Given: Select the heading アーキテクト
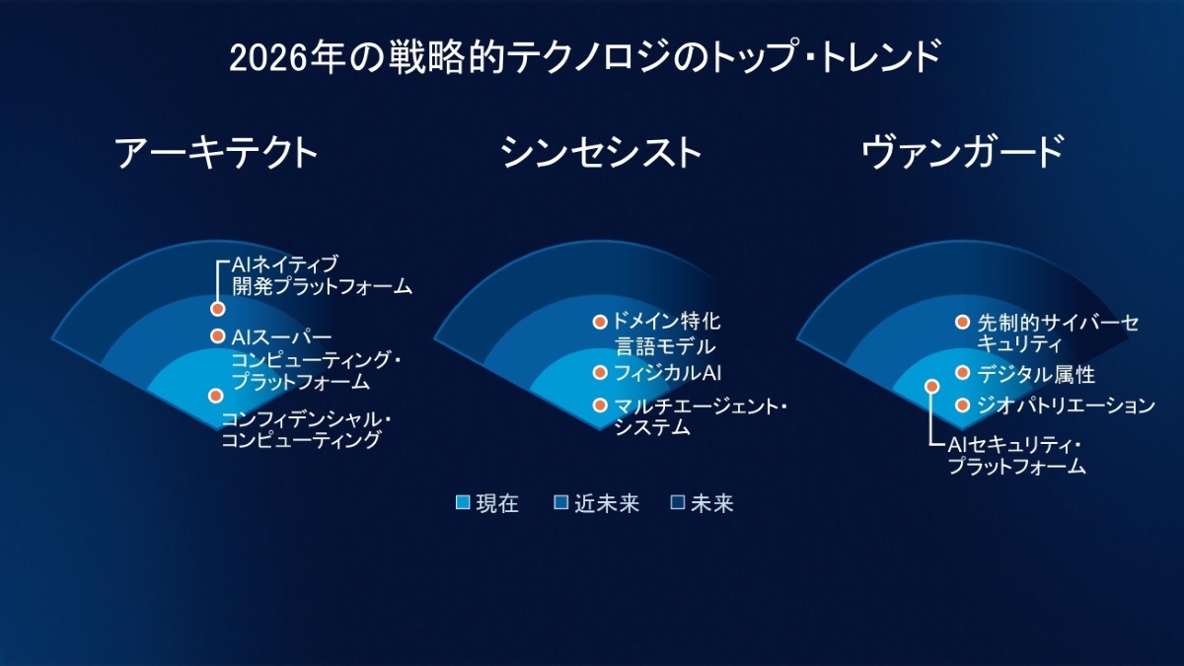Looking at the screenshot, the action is click(216, 152).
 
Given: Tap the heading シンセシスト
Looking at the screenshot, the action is click(601, 152).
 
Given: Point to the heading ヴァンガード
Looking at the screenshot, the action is click(963, 152).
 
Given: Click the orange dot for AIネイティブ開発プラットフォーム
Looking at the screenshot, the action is click(217, 309).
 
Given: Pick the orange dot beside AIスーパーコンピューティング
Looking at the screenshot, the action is click(217, 335).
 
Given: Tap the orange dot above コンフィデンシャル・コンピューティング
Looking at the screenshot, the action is click(215, 396).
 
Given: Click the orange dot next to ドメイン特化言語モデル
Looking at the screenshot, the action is click(600, 322).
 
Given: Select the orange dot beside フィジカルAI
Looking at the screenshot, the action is click(600, 373).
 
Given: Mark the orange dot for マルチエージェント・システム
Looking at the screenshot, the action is click(600, 406).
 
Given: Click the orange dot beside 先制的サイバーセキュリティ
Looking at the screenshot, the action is click(963, 322).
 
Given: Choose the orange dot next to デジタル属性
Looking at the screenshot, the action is click(963, 373).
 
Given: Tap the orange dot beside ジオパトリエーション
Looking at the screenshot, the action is click(963, 406).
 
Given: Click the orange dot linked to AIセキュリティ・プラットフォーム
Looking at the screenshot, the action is click(931, 387).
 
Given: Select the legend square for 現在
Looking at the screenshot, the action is click(463, 502).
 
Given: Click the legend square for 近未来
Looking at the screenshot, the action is click(560, 502).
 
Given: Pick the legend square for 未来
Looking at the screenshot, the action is click(677, 502).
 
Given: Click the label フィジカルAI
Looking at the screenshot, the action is click(668, 373).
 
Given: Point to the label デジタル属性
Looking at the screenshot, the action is click(1036, 374).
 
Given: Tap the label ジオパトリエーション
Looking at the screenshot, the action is click(1066, 406).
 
